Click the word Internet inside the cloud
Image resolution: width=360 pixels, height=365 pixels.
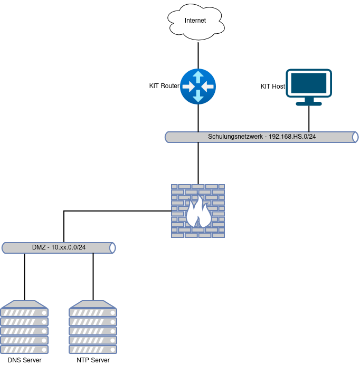coord(195,21)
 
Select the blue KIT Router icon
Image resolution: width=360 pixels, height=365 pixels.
coord(198,86)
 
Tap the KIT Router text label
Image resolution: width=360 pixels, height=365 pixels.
coord(164,86)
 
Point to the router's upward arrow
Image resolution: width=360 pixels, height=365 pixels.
coord(198,76)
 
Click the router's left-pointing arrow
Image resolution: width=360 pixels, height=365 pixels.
coord(188,86)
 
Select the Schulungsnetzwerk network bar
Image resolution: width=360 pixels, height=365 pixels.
coord(261,137)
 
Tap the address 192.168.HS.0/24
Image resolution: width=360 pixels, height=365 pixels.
coord(292,137)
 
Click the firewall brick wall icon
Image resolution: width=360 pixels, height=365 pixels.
coord(198,210)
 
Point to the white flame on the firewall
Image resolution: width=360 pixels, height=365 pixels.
coord(198,212)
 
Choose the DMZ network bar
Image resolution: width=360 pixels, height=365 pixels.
coord(58,248)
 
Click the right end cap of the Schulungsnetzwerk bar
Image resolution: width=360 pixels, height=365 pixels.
coord(355,137)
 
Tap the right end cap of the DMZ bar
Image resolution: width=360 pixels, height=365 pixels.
coord(112,248)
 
